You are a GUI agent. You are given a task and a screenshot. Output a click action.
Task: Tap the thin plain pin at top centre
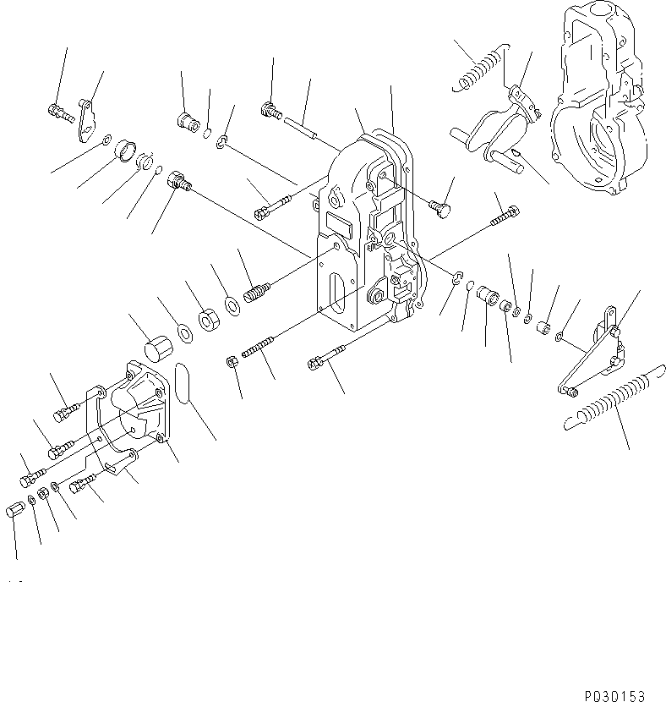[300, 124]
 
